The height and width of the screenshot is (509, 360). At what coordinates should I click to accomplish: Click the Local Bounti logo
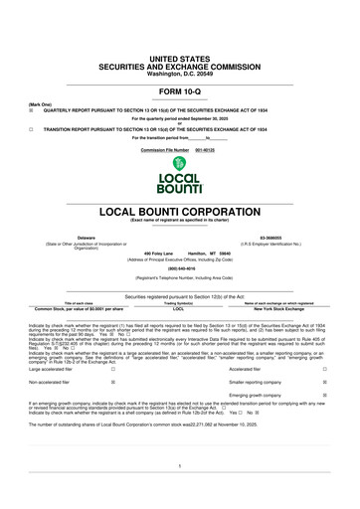click(x=180, y=173)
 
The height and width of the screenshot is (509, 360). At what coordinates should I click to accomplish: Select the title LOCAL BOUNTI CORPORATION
click(x=179, y=212)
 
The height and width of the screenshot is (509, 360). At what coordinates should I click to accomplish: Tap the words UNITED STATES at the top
click(x=179, y=32)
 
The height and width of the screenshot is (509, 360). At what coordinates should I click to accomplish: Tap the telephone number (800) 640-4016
click(x=179, y=268)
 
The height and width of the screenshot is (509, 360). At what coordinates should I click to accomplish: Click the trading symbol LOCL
click(x=179, y=309)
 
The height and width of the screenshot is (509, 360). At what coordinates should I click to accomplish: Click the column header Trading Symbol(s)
click(x=179, y=302)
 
